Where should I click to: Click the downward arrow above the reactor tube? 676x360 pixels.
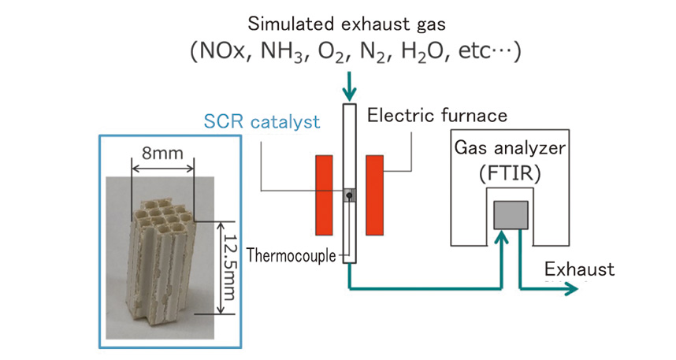click(x=348, y=86)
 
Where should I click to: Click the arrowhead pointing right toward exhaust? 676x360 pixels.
click(x=573, y=289)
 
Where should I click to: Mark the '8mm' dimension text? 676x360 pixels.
click(x=161, y=151)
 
